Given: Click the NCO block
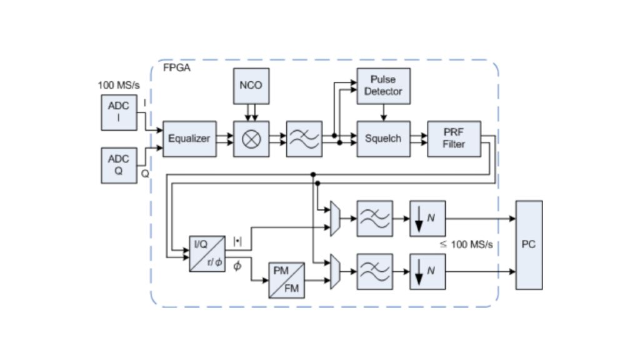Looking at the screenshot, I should click(251, 86).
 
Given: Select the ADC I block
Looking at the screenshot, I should click(118, 112).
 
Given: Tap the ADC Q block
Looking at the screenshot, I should click(118, 165).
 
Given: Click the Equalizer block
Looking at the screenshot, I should click(189, 139).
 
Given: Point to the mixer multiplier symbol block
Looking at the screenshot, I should click(251, 139).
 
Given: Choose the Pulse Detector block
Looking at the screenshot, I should click(383, 86).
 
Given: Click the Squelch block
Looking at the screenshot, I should click(383, 139).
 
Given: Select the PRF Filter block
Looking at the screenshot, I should click(454, 139).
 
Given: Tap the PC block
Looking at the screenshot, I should click(529, 245).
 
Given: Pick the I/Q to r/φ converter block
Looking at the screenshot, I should click(207, 253).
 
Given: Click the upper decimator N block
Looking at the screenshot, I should click(427, 219).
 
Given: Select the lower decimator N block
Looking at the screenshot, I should click(427, 271).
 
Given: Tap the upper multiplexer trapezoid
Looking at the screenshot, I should click(334, 219).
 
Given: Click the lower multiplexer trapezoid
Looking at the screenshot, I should click(334, 271).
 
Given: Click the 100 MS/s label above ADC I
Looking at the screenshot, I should click(118, 84).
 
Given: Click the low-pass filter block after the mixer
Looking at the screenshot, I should click(304, 139).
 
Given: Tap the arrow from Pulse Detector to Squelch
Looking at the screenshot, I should click(383, 112).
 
